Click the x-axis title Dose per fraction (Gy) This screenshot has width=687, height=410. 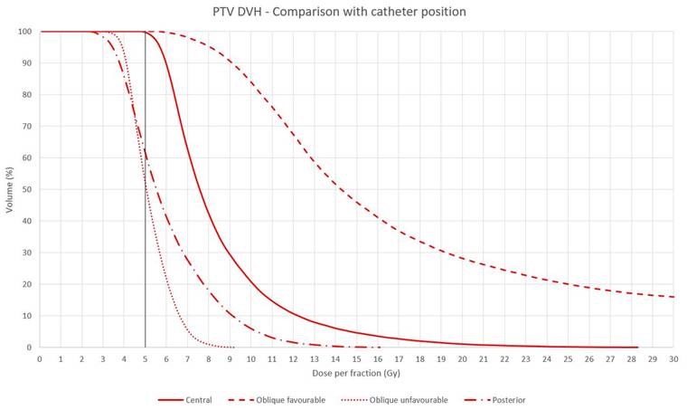click(356, 373)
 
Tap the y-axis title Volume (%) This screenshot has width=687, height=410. click(10, 190)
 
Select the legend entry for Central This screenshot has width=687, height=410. click(185, 400)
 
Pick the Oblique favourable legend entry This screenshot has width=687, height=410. click(277, 400)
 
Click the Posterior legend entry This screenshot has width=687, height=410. click(495, 400)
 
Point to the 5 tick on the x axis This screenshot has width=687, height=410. click(145, 358)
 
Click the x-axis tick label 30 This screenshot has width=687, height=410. click(673, 358)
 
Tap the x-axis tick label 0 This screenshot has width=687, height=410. click(40, 358)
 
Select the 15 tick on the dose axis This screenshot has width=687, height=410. click(357, 358)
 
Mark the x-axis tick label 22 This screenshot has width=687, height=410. click(504, 358)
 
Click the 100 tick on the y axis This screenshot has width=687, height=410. click(25, 32)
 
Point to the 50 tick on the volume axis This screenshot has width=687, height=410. click(27, 189)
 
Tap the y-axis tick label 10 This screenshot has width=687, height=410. click(27, 316)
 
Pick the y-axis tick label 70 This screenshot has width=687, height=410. click(27, 127)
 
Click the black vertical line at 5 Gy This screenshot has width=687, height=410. click(145, 189)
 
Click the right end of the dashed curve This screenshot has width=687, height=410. click(673, 297)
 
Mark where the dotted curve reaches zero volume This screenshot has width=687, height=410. click(233, 348)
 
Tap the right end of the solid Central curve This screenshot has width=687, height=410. click(637, 348)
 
